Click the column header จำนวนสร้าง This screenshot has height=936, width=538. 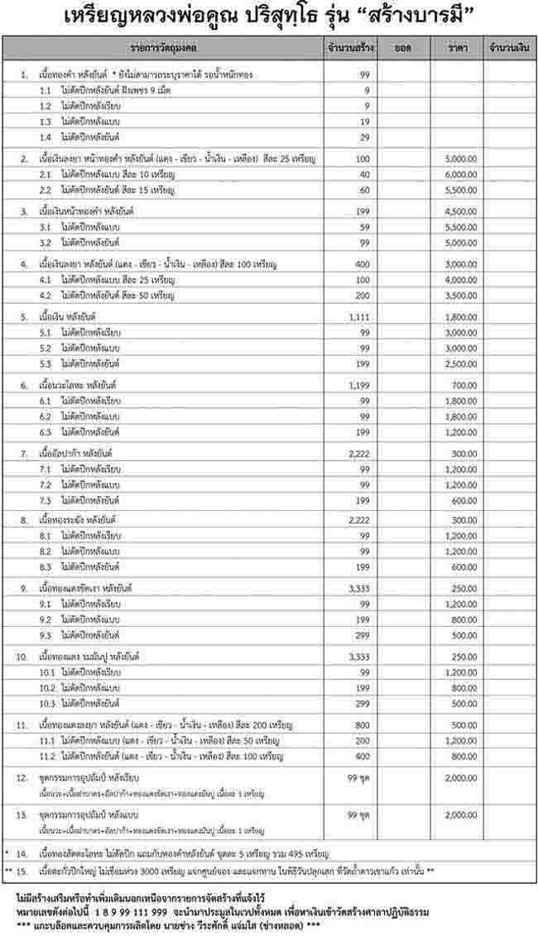(352, 49)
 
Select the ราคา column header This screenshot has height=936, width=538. (458, 49)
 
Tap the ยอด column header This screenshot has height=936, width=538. (404, 49)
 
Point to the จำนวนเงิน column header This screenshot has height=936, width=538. (509, 49)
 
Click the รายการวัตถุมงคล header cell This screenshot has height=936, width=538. (166, 49)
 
